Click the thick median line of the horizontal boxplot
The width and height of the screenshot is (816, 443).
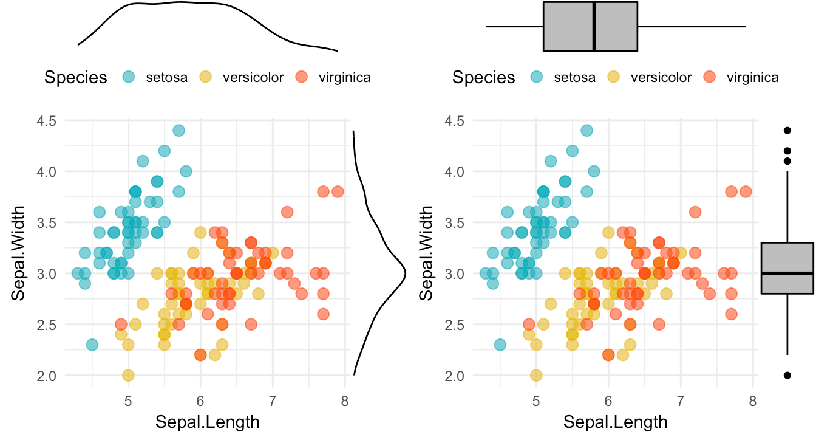click(594, 27)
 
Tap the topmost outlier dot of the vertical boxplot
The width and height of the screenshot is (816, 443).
click(787, 130)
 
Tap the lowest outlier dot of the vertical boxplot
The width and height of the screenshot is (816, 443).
click(787, 376)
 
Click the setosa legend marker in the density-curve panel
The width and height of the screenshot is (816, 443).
click(129, 77)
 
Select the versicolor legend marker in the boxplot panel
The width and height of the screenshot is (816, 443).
click(615, 77)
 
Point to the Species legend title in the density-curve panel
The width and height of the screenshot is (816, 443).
click(75, 78)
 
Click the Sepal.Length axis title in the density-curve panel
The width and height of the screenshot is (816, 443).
click(208, 422)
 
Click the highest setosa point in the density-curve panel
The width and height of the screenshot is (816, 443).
click(178, 130)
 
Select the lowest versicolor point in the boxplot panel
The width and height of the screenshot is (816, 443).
click(536, 376)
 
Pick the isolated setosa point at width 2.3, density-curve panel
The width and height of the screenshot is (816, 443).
click(92, 345)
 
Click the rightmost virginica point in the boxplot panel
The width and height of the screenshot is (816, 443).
click(746, 191)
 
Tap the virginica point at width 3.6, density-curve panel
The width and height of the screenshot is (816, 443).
click(287, 212)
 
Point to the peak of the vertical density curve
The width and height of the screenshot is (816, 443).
click(405, 273)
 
